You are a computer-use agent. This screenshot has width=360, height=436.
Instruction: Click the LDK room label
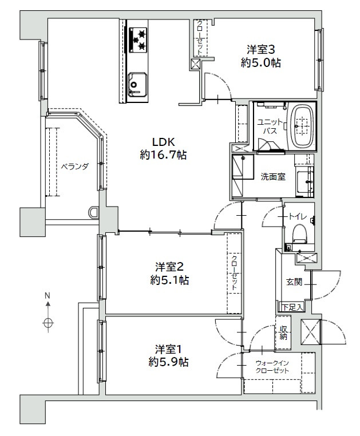tap(163, 142)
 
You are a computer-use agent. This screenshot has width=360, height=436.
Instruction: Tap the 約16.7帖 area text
tap(163, 154)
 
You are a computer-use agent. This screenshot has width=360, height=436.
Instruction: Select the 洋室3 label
tap(261, 50)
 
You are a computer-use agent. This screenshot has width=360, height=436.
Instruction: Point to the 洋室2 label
tap(169, 267)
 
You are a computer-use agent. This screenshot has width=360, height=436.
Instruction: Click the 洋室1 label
tap(169, 348)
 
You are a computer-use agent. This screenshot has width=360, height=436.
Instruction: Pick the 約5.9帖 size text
tap(169, 362)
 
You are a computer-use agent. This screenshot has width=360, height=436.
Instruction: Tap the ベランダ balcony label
tap(74, 167)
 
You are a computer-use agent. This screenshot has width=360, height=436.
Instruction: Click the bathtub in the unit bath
tap(301, 126)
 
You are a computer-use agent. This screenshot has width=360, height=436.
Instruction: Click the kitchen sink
tap(137, 84)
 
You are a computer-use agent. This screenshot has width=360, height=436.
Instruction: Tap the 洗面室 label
tap(273, 177)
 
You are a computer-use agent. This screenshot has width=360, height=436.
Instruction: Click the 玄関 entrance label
tap(294, 282)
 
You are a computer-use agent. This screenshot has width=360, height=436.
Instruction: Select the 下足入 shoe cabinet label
tap(292, 307)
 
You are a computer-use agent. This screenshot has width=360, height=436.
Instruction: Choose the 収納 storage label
tap(283, 332)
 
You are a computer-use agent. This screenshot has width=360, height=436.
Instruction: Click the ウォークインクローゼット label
tap(272, 367)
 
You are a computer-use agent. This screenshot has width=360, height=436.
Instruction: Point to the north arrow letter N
tap(48, 296)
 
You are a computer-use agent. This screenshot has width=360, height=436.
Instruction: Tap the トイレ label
tap(298, 216)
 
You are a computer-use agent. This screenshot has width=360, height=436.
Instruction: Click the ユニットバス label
tap(270, 126)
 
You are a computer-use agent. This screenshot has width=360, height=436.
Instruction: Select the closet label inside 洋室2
tap(234, 273)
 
